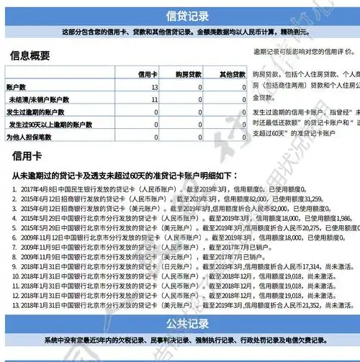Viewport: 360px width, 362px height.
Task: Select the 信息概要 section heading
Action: click(30, 55)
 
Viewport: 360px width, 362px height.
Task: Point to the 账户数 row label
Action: click(16, 87)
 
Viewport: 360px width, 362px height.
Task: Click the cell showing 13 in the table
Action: click(154, 87)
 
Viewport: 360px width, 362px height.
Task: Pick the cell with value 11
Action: click(154, 99)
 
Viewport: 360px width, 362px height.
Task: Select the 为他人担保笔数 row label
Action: click(30, 136)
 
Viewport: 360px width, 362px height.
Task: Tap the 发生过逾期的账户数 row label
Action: click(35, 112)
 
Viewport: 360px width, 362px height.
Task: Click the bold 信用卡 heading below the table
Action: click(27, 155)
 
